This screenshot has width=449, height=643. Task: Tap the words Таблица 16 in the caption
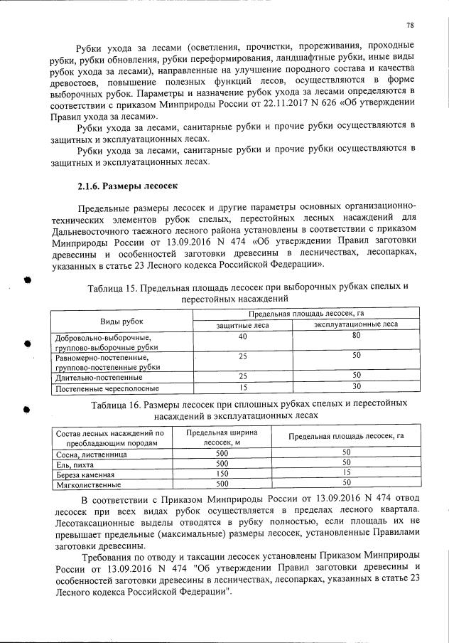coord(116,404)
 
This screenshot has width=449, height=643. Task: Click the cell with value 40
coord(242,336)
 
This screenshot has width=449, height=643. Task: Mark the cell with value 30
coord(357,388)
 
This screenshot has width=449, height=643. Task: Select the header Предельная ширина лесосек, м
coord(222,436)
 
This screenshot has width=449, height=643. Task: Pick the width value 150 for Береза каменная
coord(222,473)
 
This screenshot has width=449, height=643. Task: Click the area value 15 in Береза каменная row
coord(347,473)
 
